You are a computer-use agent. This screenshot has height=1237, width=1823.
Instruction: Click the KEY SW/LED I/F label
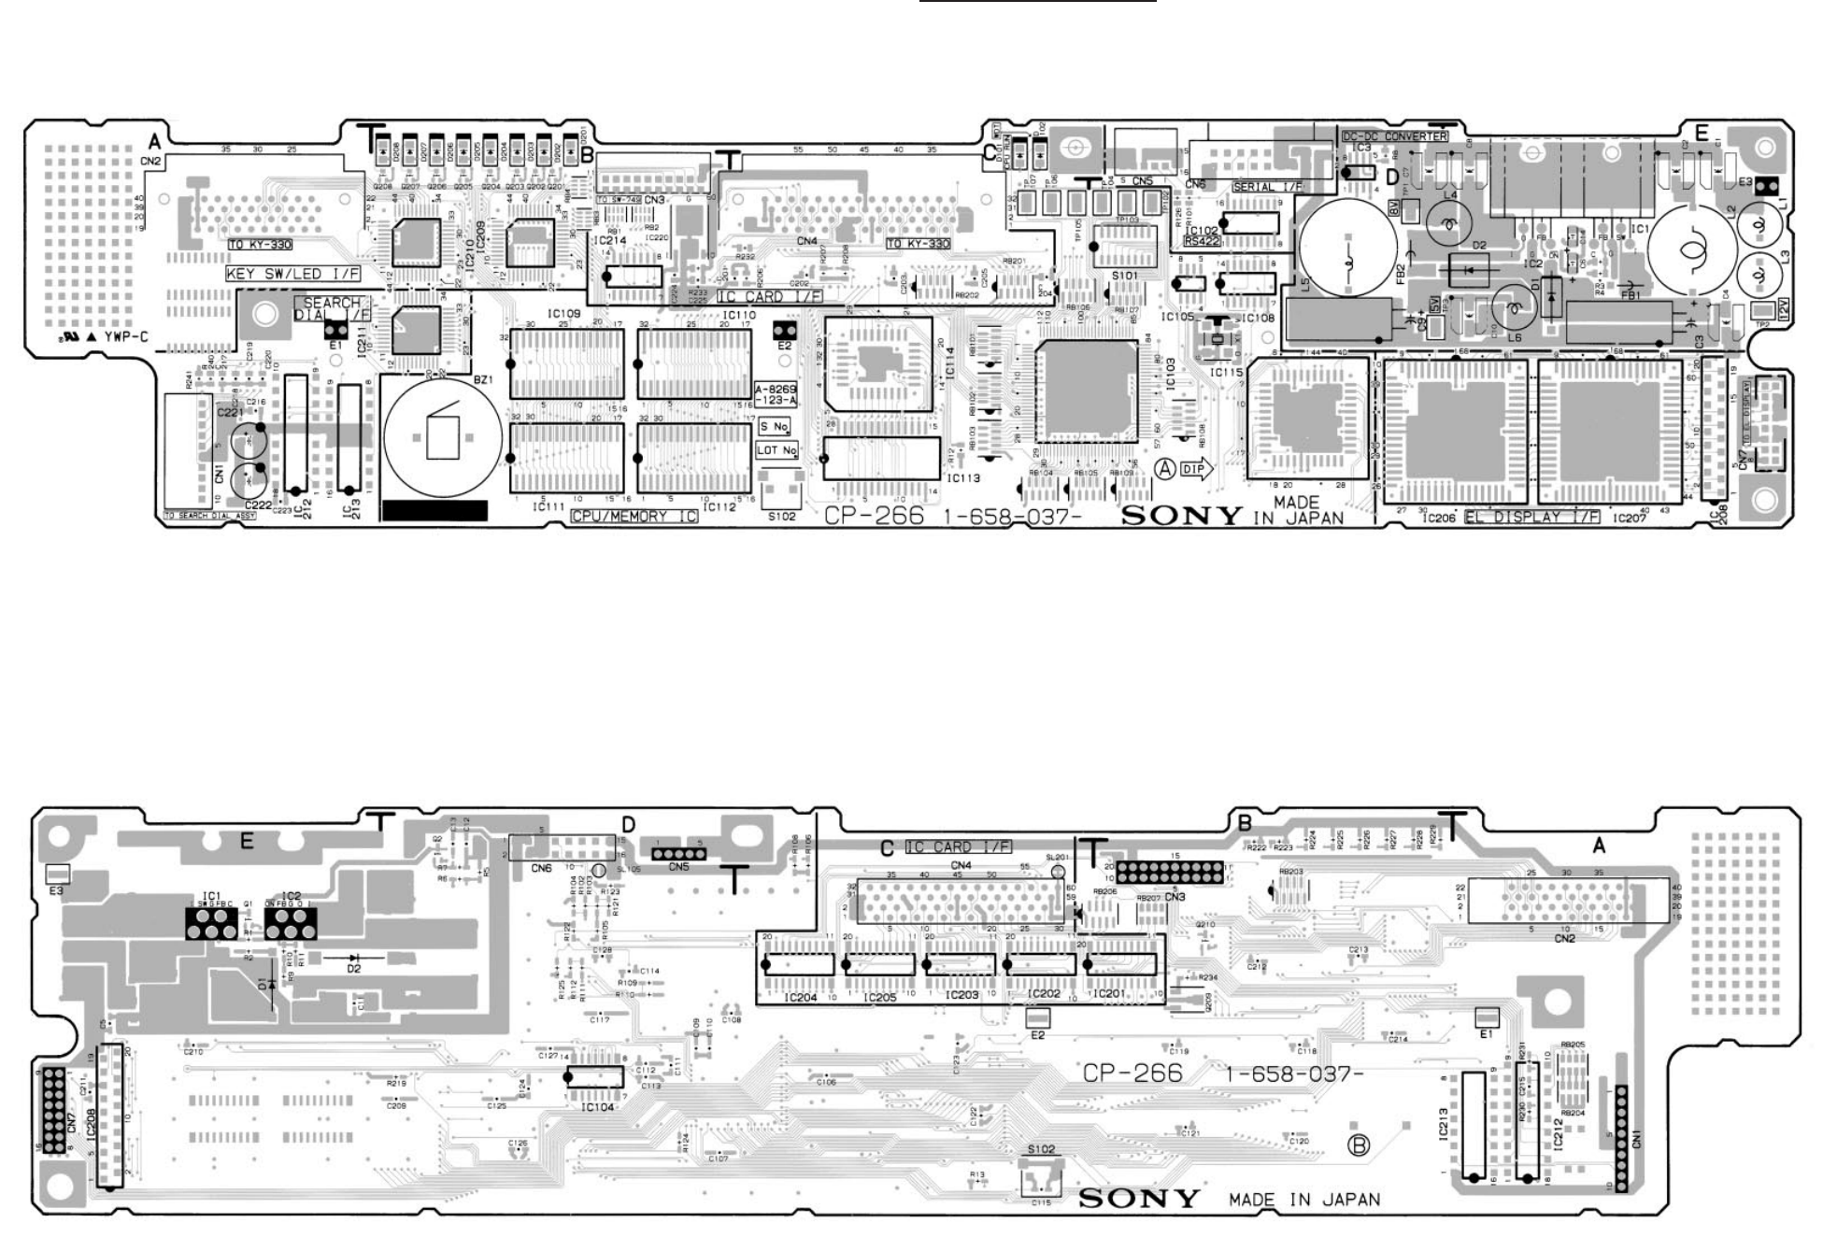292,274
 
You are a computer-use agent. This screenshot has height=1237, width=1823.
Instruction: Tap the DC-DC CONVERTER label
1394,136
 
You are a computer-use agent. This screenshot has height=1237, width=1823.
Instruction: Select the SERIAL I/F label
1267,187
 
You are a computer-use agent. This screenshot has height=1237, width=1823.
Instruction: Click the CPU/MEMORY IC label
634,516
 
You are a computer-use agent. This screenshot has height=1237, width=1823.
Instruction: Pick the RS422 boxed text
1202,241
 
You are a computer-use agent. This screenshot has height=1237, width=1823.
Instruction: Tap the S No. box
775,426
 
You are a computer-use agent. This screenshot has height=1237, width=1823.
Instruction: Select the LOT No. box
776,450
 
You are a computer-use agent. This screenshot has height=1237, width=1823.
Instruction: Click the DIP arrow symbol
1196,469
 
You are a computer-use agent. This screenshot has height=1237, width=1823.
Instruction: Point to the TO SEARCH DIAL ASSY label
209,516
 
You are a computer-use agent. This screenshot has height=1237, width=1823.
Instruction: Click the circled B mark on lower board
1360,1145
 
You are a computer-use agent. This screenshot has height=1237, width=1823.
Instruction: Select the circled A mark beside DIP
1165,469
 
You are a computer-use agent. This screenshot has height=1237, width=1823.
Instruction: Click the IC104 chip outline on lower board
594,1076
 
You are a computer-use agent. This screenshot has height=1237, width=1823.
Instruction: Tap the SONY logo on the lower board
1138,1199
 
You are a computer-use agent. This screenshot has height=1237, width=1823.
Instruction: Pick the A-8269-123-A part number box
776,393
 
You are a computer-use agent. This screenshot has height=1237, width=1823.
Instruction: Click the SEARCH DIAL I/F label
333,309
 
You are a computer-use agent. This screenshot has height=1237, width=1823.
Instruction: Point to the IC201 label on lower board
1108,993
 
